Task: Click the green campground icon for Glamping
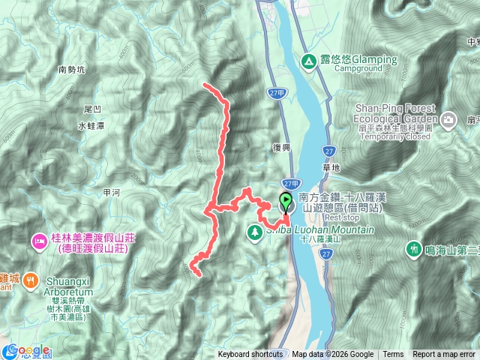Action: pyautogui.click(x=307, y=60)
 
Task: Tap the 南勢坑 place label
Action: pyautogui.click(x=72, y=70)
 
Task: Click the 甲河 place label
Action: pyautogui.click(x=111, y=193)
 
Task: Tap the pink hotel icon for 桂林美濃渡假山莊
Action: pyautogui.click(x=38, y=242)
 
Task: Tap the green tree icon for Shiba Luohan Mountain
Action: pyautogui.click(x=255, y=231)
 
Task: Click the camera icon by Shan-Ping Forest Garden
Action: pyautogui.click(x=448, y=119)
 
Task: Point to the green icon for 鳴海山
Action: pyautogui.click(x=413, y=247)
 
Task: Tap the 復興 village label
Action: pyautogui.click(x=281, y=148)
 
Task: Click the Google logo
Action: pyautogui.click(x=30, y=351)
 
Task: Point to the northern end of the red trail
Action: pyautogui.click(x=205, y=85)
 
